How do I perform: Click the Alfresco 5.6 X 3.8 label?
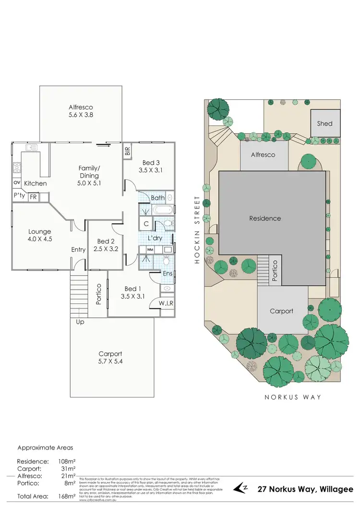point(81,111)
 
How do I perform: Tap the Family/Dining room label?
point(90,175)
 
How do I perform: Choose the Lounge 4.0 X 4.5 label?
point(39,235)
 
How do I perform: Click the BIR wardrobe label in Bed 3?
point(128,150)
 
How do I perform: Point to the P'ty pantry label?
point(19,196)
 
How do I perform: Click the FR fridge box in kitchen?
point(34,196)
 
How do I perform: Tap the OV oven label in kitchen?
point(17,183)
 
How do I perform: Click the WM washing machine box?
point(150,250)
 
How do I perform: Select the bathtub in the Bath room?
point(164,210)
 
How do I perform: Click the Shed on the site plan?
point(325,123)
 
